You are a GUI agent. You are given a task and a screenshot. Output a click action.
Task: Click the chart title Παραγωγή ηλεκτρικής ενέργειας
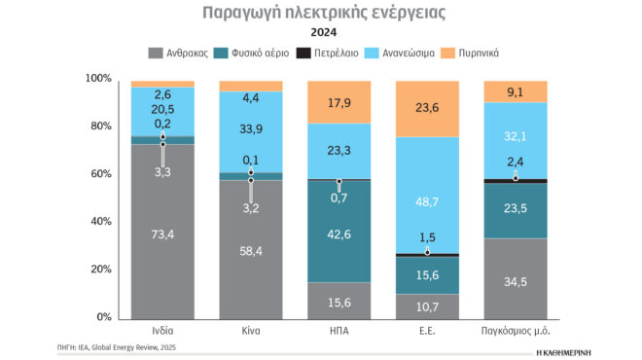(320, 13)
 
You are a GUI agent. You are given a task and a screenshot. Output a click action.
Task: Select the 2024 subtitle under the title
(320, 32)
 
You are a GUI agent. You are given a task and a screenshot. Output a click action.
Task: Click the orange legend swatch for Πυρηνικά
(448, 53)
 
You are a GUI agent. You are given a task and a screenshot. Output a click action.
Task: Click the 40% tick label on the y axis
(100, 222)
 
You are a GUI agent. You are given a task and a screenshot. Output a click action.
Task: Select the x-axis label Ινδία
(162, 333)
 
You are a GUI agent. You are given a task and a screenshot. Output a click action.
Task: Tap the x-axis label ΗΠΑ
(339, 333)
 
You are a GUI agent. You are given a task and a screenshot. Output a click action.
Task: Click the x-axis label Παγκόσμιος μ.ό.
(516, 333)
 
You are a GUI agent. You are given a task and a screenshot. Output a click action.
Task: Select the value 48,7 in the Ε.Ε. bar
(428, 201)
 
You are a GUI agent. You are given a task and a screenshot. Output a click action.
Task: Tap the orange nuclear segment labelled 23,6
(428, 108)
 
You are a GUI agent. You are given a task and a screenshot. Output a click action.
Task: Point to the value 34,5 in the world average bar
(516, 282)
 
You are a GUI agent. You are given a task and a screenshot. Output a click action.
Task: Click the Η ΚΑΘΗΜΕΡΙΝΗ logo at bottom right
(564, 347)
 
